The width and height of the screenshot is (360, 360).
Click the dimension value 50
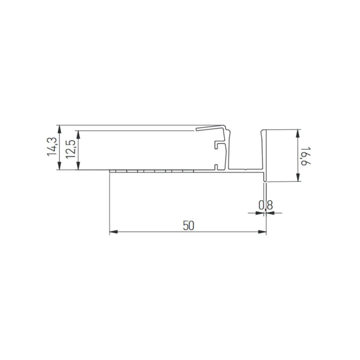(188, 225)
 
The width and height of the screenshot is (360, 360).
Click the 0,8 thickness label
(266, 205)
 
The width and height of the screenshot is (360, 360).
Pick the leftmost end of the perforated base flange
(110, 171)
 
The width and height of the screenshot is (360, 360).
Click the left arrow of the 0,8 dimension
(252, 213)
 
